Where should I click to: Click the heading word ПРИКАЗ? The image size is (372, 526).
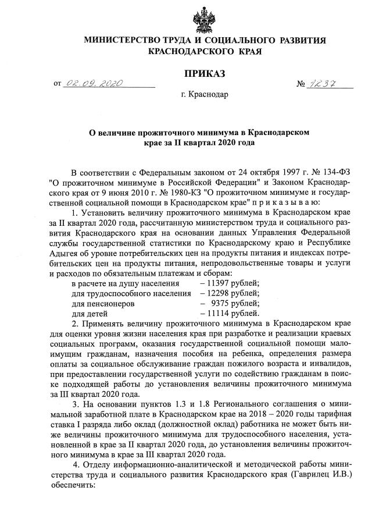click(x=205, y=73)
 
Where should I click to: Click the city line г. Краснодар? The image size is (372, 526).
click(x=205, y=94)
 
